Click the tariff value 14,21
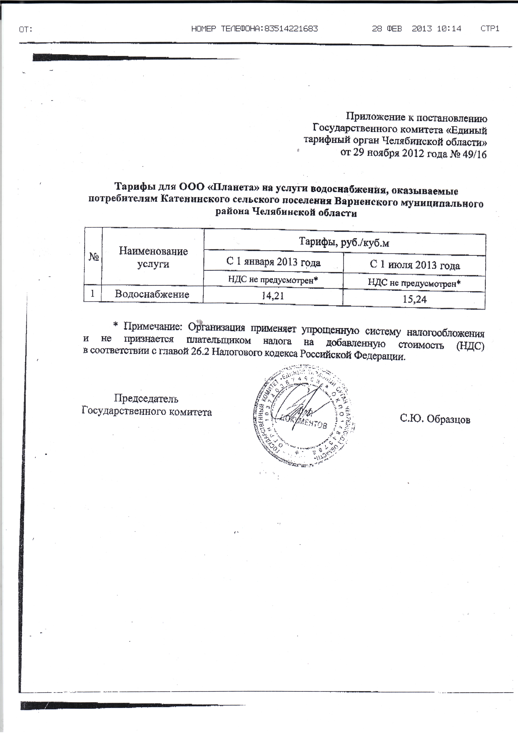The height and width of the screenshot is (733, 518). tap(273, 296)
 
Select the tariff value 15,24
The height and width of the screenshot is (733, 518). tap(415, 299)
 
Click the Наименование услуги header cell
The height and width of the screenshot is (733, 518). tap(153, 257)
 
